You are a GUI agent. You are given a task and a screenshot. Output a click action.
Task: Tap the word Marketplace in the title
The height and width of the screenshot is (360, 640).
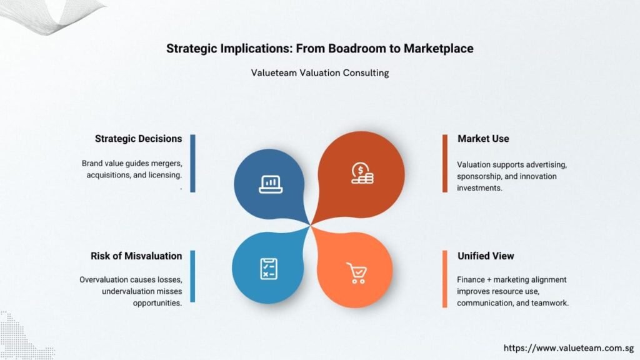coord(439,49)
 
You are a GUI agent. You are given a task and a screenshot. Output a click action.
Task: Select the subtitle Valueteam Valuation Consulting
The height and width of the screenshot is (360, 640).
coord(320,73)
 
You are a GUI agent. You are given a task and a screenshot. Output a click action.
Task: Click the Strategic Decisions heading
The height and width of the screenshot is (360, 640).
coord(138,139)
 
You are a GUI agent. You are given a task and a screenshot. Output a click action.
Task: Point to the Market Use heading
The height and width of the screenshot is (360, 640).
coord(483,139)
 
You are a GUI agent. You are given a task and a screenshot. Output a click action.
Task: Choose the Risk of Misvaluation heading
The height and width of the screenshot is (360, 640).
coord(136,256)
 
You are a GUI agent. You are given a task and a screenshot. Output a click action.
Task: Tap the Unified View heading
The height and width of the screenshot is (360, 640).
coord(486,256)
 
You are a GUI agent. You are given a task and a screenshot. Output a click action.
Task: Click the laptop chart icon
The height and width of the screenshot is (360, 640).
coord(271,184)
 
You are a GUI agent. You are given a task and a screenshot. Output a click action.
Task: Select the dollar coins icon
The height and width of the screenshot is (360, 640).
coord(362,174)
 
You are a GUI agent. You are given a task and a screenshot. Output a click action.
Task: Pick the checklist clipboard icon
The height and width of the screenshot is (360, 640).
coord(269,269)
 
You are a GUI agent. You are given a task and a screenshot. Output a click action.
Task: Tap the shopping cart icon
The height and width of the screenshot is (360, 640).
coord(357,272)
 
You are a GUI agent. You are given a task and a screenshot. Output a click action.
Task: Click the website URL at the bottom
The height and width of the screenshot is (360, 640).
coord(569,348)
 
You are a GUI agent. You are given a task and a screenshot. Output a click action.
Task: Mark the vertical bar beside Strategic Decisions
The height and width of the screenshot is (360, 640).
coord(192,163)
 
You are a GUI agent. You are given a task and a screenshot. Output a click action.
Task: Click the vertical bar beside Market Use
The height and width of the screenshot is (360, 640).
coord(445,163)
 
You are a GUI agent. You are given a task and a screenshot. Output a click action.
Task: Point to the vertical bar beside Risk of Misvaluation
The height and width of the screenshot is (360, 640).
coord(192,276)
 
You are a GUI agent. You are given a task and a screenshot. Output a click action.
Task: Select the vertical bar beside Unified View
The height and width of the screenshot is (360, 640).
coord(445,279)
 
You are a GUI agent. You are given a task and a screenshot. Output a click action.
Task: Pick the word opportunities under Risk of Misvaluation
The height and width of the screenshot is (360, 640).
coord(157,303)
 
